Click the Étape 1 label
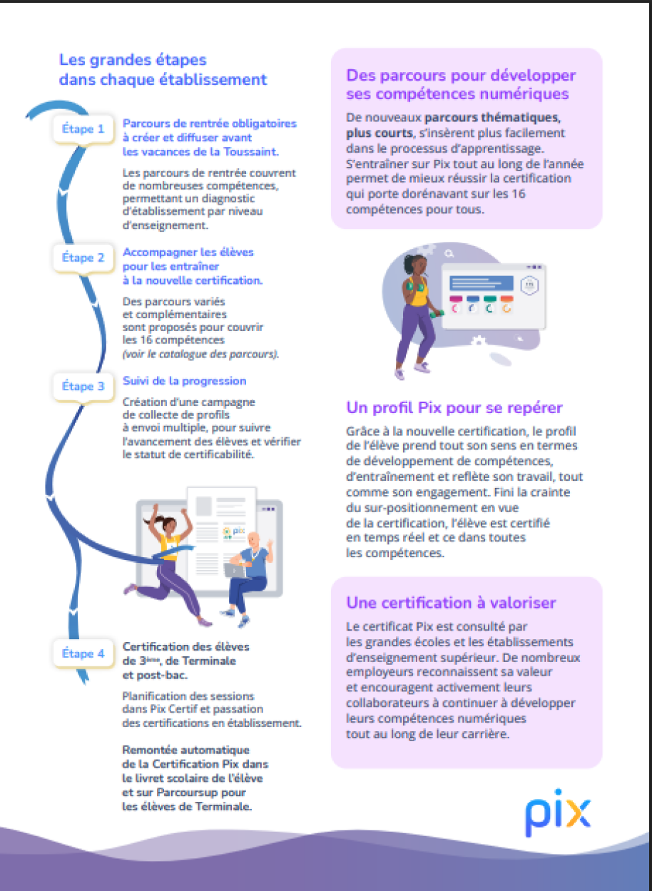(x=83, y=129)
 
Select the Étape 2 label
(x=83, y=258)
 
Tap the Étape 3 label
(x=83, y=386)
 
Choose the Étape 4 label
(x=83, y=653)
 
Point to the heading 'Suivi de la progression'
(x=184, y=381)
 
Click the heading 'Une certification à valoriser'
(x=451, y=603)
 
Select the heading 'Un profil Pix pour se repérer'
(x=454, y=408)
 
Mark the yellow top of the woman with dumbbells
(x=417, y=291)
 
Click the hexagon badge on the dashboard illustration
(x=529, y=285)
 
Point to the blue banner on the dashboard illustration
(x=482, y=283)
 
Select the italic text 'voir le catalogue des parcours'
(x=200, y=354)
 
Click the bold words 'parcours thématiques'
(x=492, y=118)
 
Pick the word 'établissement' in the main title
(x=213, y=80)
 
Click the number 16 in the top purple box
(x=519, y=194)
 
